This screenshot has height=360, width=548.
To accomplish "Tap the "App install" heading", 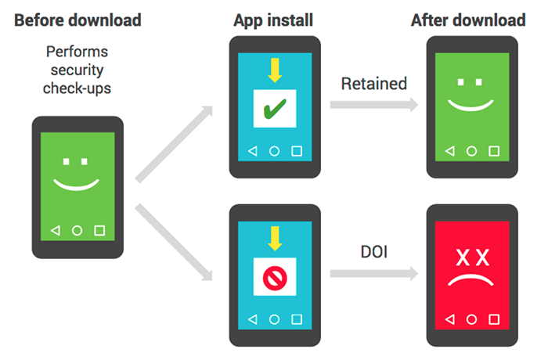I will click(273, 20).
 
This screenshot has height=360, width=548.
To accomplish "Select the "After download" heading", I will click(467, 20).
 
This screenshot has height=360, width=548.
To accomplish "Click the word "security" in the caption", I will click(78, 70).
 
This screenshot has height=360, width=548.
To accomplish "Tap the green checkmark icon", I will click(275, 110).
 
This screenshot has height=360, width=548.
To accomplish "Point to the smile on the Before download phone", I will click(78, 185).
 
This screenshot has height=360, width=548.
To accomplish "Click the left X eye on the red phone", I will click(461, 257).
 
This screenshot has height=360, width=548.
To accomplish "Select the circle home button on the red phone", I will click(472, 319).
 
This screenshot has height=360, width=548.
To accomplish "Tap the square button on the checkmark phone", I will click(297, 150).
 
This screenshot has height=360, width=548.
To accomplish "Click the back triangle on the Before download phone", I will click(55, 231).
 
